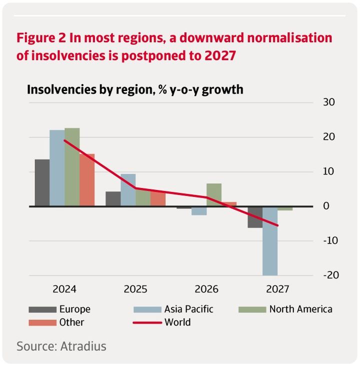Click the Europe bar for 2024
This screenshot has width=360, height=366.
point(42,182)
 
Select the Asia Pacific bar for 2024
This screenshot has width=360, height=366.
point(57,167)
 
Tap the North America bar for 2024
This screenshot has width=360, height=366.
point(72,167)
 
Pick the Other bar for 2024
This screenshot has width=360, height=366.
point(87,180)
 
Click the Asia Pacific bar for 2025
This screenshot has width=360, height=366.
point(128,190)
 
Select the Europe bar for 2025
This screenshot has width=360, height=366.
point(113,198)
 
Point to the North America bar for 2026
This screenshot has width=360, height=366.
point(214,194)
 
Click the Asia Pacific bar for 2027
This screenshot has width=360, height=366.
point(270,240)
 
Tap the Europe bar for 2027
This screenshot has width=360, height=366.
point(255,217)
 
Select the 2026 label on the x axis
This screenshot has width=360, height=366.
point(206,289)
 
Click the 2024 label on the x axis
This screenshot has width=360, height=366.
point(64,289)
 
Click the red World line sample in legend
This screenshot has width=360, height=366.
point(147,322)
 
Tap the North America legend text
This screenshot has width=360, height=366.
point(300,309)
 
